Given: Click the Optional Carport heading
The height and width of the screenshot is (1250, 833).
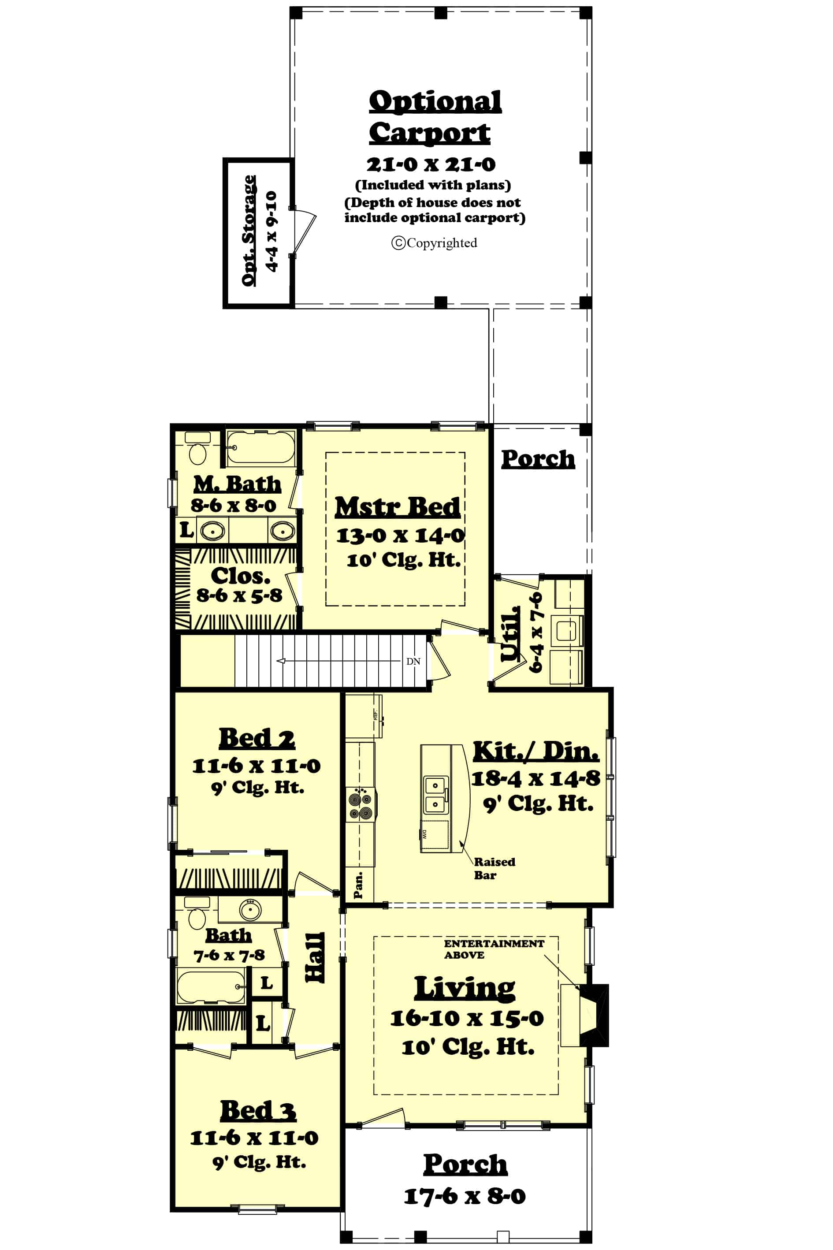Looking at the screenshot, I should (x=435, y=116).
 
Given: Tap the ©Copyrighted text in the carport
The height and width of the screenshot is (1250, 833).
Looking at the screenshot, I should (x=434, y=243).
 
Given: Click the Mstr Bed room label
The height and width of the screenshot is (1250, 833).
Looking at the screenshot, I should (x=398, y=507).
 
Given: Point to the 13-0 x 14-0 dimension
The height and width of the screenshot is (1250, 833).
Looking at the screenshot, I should (x=400, y=535).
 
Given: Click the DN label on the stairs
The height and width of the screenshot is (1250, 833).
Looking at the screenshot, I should (x=413, y=662).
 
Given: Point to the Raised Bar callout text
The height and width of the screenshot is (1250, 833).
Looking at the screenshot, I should (x=494, y=868).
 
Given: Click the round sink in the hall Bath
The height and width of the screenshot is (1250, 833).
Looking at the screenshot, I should (x=250, y=910).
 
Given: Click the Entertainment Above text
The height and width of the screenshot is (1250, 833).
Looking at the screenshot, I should (x=493, y=949).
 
